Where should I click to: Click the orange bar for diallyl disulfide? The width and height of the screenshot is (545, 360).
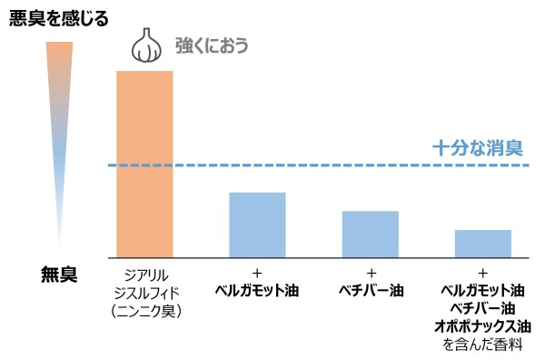coord(144,164)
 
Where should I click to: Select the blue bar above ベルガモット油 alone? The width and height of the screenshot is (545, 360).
coord(257,224)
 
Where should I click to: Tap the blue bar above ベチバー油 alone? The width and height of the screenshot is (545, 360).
coord(371,233)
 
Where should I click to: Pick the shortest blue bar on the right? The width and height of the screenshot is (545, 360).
coord(482,243)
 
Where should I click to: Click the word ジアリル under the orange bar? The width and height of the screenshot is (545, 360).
coord(144,274)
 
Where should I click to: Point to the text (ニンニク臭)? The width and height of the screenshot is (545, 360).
coord(144,310)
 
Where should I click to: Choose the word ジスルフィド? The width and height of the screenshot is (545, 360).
coord(144,292)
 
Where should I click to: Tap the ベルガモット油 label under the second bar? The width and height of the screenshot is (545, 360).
coord(257,292)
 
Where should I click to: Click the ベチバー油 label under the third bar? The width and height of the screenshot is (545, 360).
coord(371,292)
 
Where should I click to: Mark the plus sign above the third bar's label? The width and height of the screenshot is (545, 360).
coord(371,274)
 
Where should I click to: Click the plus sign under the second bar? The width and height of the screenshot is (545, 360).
coord(257,274)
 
